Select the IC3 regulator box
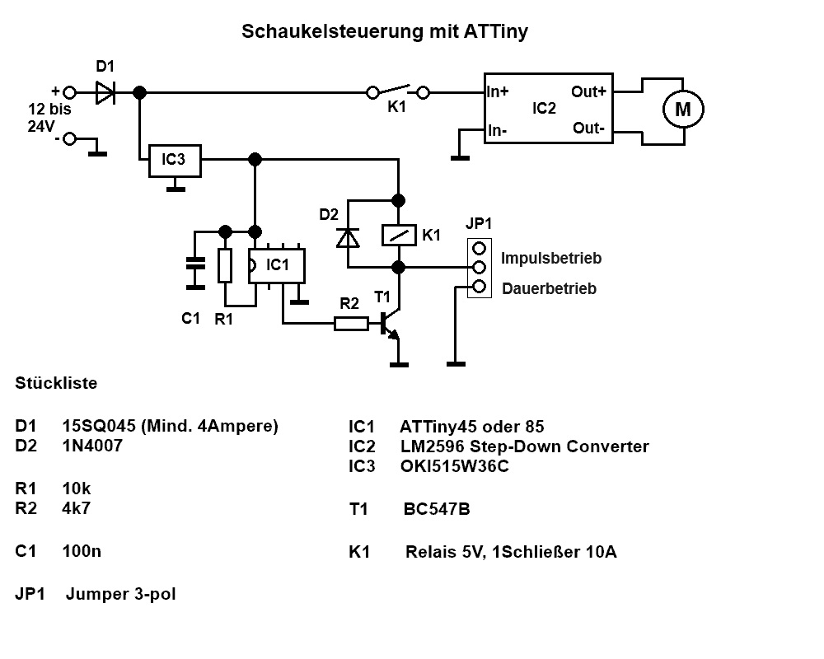pyautogui.click(x=174, y=160)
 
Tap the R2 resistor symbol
pyautogui.click(x=351, y=324)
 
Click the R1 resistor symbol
pyautogui.click(x=224, y=265)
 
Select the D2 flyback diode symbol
pyautogui.click(x=349, y=237)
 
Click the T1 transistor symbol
pyautogui.click(x=390, y=325)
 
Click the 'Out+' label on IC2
pyautogui.click(x=588, y=91)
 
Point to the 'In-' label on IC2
pyautogui.click(x=497, y=130)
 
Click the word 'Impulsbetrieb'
pyautogui.click(x=551, y=258)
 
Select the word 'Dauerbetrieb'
pyautogui.click(x=549, y=289)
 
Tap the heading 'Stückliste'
pyautogui.click(x=56, y=383)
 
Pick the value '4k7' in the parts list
pyautogui.click(x=77, y=507)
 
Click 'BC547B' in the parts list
pyautogui.click(x=437, y=509)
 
